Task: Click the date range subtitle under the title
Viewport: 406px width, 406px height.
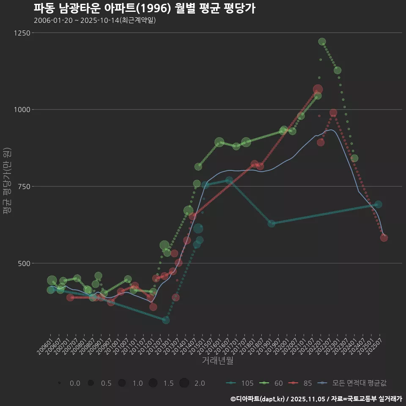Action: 95,20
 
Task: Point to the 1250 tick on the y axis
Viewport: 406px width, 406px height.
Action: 22,33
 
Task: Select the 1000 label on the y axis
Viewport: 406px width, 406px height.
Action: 22,110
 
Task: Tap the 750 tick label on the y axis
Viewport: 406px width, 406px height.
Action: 23,187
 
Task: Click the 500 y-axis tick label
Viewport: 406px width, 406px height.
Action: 23,263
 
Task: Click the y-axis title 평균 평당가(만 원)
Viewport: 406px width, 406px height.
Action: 7,182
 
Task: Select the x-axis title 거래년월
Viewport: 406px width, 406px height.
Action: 217,360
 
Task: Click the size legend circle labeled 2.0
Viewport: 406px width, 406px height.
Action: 184,383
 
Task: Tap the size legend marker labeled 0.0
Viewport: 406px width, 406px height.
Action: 60,383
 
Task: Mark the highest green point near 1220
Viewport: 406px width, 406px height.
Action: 322,41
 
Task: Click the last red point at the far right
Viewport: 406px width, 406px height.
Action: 384,238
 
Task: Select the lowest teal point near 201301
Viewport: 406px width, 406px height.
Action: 166,320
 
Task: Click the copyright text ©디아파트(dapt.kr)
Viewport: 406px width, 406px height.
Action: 258,399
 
